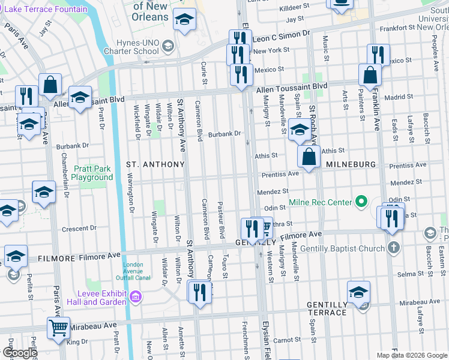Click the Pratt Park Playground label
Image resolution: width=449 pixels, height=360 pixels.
(x=92, y=173)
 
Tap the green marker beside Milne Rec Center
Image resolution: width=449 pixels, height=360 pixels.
(x=361, y=202)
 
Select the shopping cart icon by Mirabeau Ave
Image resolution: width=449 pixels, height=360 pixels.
(x=58, y=328)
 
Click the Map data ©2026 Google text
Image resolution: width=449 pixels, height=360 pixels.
(x=411, y=355)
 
